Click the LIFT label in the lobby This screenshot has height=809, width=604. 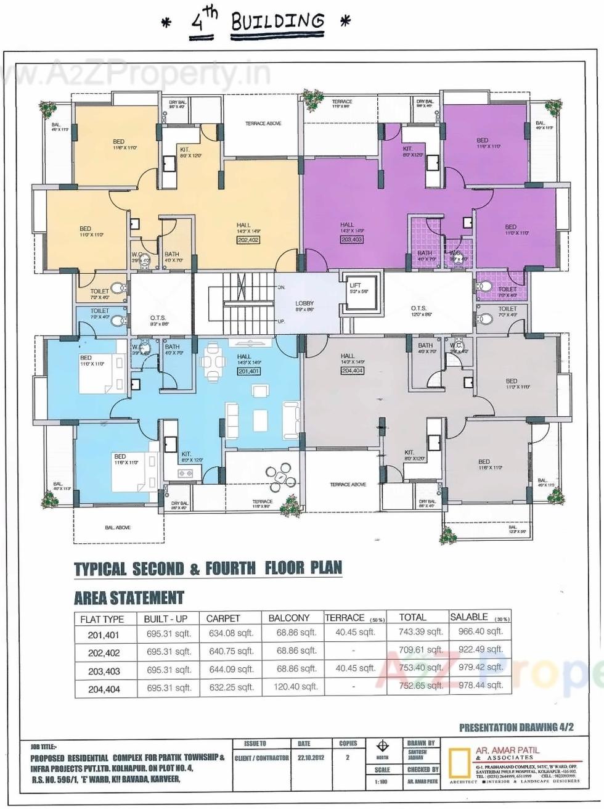355,285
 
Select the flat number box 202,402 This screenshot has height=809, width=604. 248,240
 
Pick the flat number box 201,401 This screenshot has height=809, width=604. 248,371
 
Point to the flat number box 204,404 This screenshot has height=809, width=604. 352,371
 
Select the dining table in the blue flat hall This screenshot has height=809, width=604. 213,366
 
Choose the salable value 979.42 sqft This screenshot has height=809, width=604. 481,667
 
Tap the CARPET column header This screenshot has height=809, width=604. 223,618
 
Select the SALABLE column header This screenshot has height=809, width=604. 469,617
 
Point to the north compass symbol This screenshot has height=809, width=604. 382,746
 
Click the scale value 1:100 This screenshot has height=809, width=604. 382,782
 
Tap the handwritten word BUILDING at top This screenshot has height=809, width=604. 277,22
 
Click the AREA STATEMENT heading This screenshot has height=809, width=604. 129,598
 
